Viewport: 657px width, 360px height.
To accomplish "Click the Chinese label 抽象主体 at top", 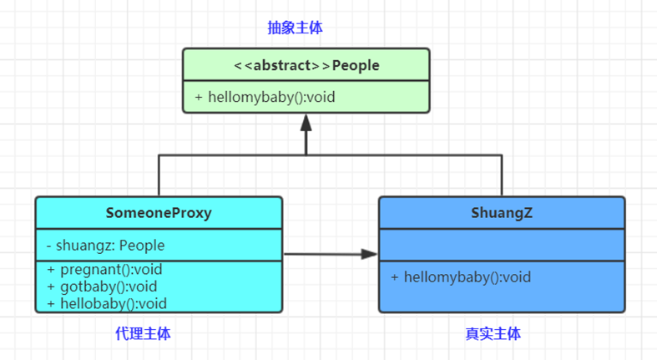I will (x=295, y=28).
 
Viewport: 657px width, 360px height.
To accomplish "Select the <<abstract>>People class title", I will (x=306, y=66).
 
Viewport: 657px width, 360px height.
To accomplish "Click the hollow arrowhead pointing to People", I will (x=306, y=124).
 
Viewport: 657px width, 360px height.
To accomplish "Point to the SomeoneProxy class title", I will (x=159, y=213).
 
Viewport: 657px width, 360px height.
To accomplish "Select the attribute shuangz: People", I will (x=105, y=246).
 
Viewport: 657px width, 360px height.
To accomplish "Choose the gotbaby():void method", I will (x=104, y=286).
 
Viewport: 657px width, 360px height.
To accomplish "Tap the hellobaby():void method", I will (x=107, y=303).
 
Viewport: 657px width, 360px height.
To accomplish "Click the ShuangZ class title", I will (x=502, y=213).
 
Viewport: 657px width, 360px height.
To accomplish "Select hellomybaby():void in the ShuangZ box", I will (x=461, y=277).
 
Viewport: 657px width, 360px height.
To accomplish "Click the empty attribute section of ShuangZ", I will (x=502, y=245).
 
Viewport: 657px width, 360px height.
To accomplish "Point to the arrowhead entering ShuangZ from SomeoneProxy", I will (x=370, y=255).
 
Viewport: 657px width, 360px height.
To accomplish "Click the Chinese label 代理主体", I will (x=143, y=333).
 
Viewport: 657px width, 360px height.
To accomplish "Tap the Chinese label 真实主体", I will (x=493, y=333).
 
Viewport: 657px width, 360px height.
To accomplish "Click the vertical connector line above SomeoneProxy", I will (x=159, y=175).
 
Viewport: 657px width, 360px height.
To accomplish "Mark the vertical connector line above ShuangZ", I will (x=502, y=175).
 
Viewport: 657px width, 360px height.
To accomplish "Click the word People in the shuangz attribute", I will (x=142, y=246).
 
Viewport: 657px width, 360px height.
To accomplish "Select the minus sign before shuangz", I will (x=49, y=246).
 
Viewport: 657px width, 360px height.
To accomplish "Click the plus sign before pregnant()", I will (x=50, y=270).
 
